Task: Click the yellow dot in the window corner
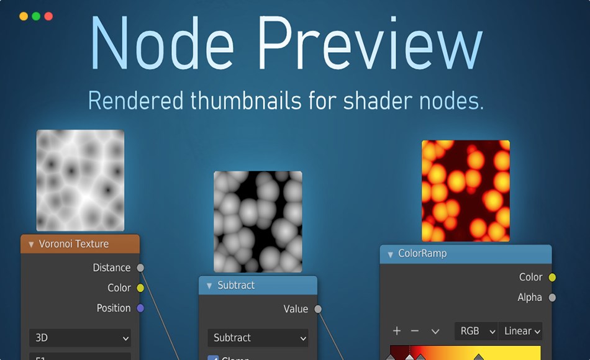click(24, 16)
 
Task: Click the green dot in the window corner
click(36, 16)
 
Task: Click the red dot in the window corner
click(48, 16)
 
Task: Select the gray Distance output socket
click(140, 268)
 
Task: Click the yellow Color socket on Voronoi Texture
click(140, 288)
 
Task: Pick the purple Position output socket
click(140, 308)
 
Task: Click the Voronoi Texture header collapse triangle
click(31, 245)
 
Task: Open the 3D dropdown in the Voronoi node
click(80, 338)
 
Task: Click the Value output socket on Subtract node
click(318, 309)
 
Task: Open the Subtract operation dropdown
click(258, 338)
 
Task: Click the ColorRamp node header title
click(422, 254)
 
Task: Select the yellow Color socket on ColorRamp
click(552, 277)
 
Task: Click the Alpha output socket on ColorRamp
click(552, 298)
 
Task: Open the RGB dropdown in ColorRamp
click(476, 331)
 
